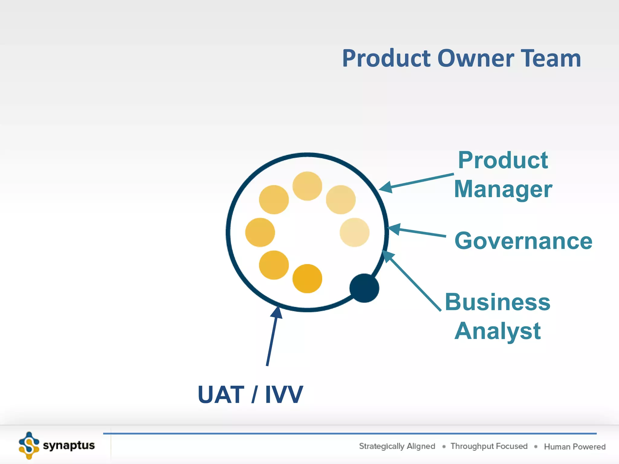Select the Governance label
[523, 241]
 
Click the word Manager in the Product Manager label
[503, 189]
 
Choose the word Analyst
[497, 331]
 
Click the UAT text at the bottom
[221, 395]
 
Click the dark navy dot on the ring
[364, 288]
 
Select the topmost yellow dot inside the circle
[307, 186]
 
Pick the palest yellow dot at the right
[354, 232]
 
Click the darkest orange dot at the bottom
[307, 279]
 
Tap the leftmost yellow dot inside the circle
[260, 232]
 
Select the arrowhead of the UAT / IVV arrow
[277, 312]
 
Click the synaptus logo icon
[29, 445]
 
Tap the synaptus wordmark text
[69, 446]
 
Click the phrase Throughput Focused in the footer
[489, 446]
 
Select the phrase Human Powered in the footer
[575, 446]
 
